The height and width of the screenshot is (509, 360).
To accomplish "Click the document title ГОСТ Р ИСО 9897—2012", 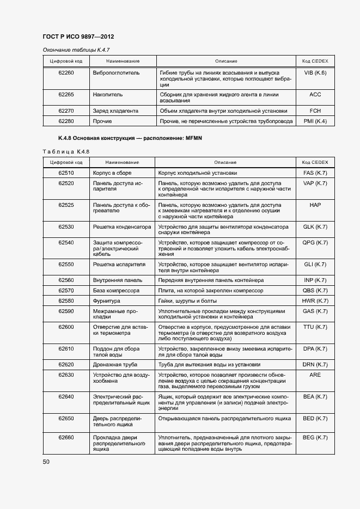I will point(78,36).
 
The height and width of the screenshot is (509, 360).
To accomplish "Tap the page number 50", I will point(46,462).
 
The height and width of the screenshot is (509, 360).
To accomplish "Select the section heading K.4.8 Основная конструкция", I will point(130,138).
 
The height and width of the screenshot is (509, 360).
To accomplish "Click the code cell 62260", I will point(66,72).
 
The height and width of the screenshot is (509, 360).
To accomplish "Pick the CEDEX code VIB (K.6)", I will point(315,72).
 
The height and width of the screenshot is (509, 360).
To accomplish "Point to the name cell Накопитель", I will point(108,95).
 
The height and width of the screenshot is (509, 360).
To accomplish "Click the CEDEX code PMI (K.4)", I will point(315,121).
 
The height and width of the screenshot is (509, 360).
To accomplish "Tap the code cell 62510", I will point(66,173).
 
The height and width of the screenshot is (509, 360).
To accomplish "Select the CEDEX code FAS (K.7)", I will point(315,173).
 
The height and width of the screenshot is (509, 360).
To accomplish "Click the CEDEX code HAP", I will point(315,205).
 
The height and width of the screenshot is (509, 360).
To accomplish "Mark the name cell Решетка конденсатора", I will point(121,226).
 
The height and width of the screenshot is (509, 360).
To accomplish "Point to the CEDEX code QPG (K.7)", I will point(315,242).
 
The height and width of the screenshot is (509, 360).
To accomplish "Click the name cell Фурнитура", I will point(106,301).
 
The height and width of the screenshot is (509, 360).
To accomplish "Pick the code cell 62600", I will point(66,327).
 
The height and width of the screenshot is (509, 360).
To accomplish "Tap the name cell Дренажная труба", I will point(115,364).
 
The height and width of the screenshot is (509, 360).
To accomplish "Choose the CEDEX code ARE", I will point(315,375).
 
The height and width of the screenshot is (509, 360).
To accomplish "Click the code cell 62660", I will point(66,438).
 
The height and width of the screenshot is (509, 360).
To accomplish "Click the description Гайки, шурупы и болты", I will point(188,301).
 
